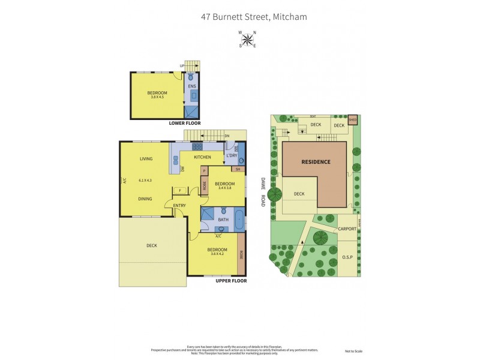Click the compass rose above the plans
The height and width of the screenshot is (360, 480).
pyautogui.click(x=247, y=39)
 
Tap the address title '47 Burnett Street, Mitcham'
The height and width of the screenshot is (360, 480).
pyautogui.click(x=254, y=17)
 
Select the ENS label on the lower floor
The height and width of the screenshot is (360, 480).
pyautogui.click(x=192, y=86)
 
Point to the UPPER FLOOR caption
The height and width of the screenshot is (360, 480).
pyautogui.click(x=231, y=280)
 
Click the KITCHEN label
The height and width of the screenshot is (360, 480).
pyautogui.click(x=202, y=157)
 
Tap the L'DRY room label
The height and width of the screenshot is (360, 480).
pyautogui.click(x=232, y=157)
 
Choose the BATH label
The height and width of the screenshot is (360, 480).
pyautogui.click(x=223, y=220)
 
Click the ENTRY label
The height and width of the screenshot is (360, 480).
pyautogui.click(x=179, y=206)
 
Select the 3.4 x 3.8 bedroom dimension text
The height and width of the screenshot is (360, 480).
pyautogui.click(x=224, y=188)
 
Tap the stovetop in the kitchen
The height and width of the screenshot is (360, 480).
pyautogui.click(x=197, y=146)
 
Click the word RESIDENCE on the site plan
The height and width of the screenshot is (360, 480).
pyautogui.click(x=316, y=162)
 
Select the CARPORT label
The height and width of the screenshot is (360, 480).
pyautogui.click(x=347, y=229)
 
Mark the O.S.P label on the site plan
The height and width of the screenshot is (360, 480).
pyautogui.click(x=347, y=257)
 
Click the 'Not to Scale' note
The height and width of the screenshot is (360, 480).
pyautogui.click(x=354, y=351)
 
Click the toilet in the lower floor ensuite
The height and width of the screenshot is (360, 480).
pyautogui.click(x=191, y=77)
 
